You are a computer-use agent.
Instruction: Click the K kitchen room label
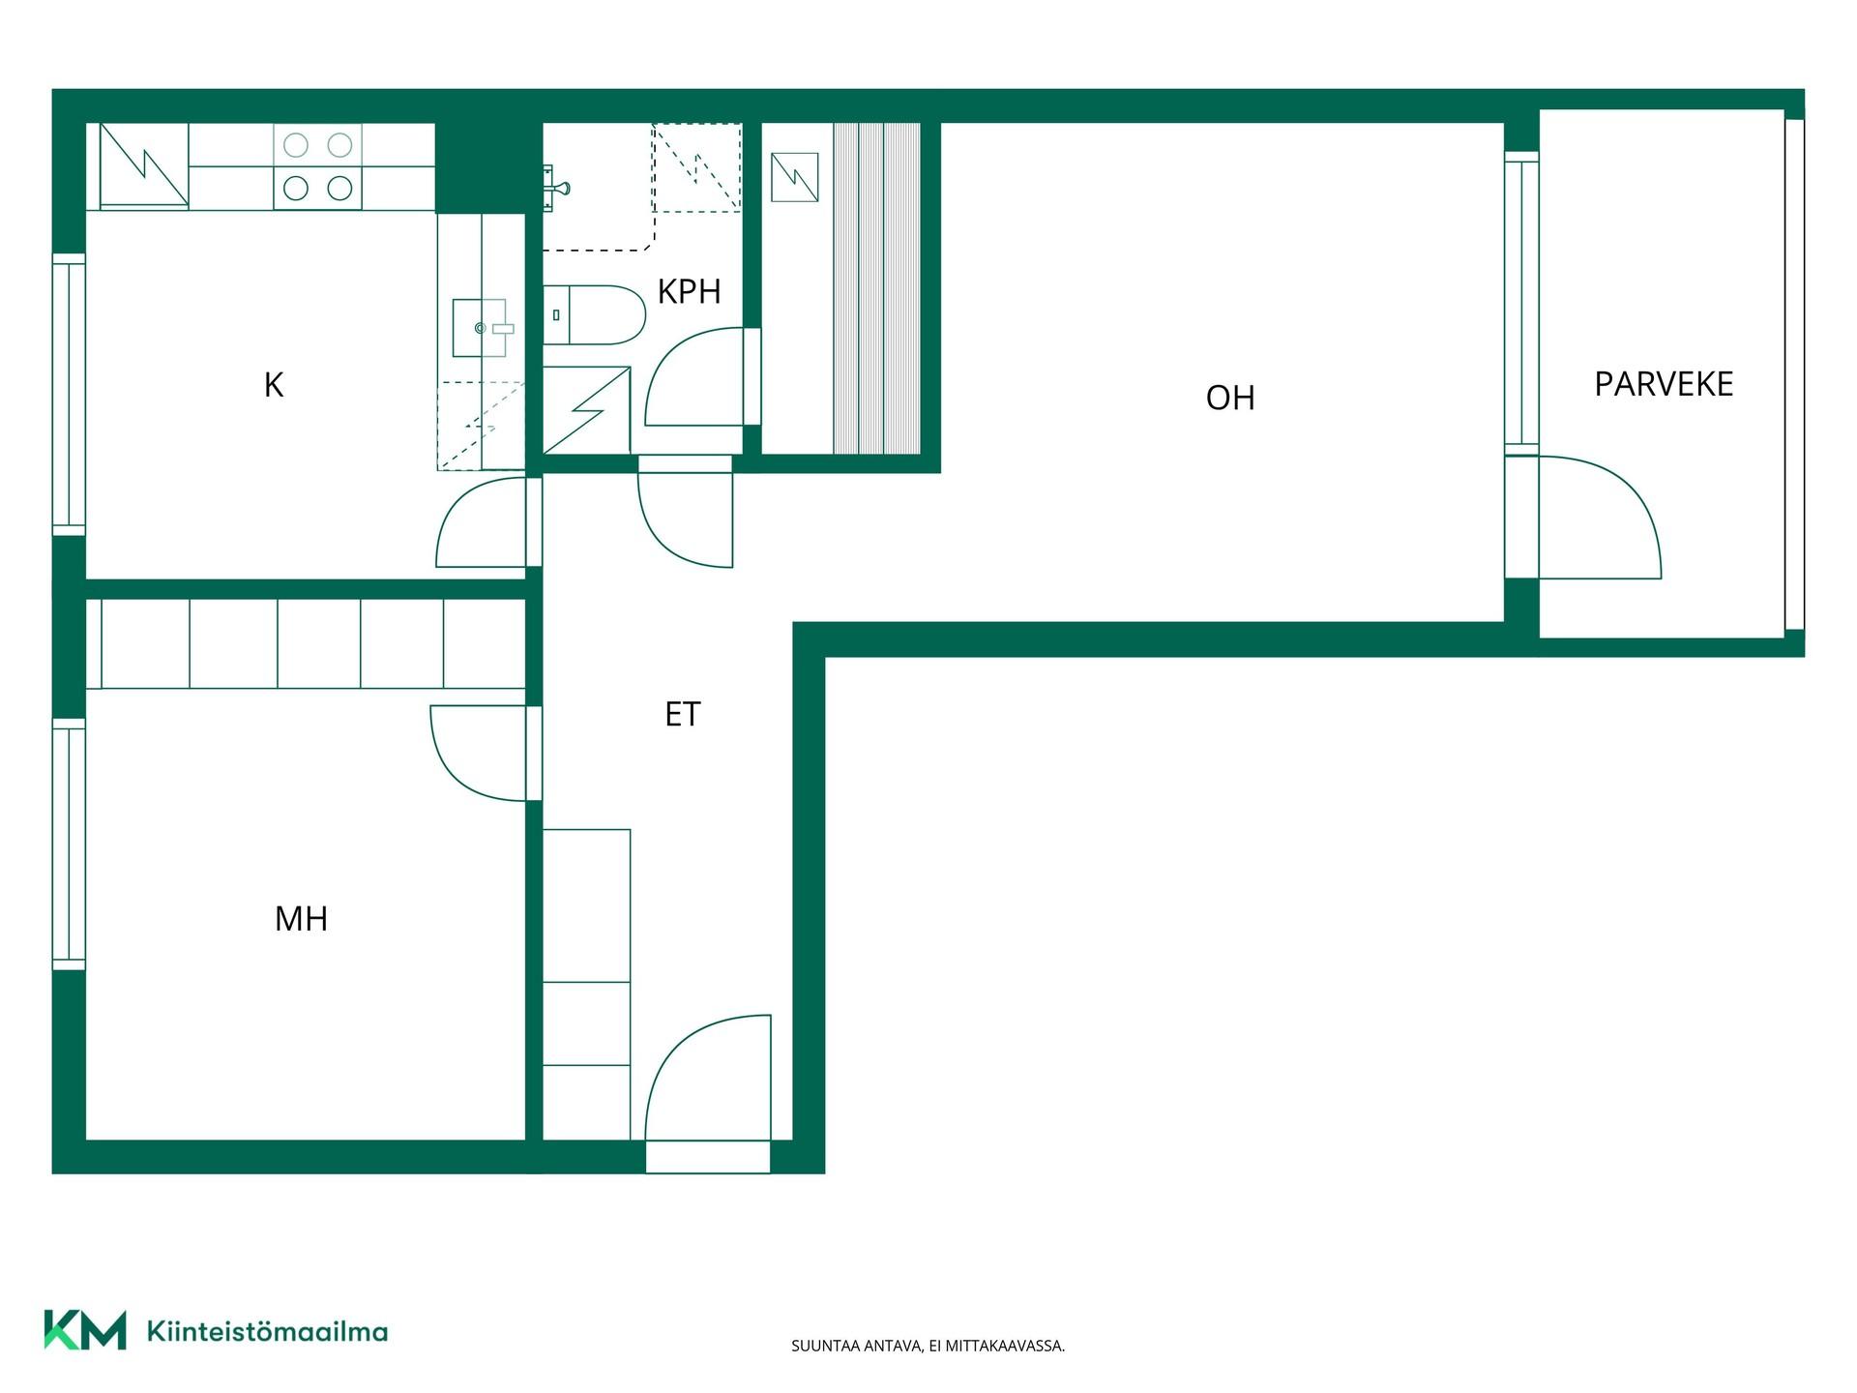[274, 385]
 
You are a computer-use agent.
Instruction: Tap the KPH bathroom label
[689, 291]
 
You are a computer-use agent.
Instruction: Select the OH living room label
[1230, 398]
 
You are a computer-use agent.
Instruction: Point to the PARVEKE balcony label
[1664, 384]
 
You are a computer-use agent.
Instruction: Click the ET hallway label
[682, 714]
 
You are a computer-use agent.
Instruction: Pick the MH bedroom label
[301, 918]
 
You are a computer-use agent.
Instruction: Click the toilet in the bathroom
[594, 314]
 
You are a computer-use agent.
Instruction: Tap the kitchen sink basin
[481, 328]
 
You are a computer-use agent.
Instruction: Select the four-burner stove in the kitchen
[317, 166]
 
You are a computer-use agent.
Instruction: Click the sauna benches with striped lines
[876, 287]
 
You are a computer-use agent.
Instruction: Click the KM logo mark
[85, 1330]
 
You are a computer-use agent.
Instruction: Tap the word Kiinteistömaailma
[267, 1331]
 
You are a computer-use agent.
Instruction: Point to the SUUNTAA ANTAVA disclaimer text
[928, 1346]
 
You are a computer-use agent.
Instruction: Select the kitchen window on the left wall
[69, 395]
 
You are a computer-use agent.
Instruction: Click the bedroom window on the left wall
[69, 845]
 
